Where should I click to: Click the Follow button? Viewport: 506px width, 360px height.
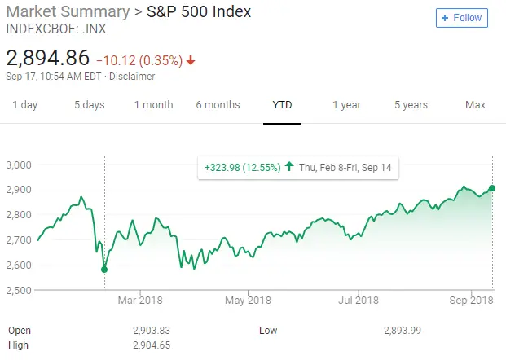pos(462,17)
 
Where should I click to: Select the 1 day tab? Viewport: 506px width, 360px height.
pos(25,104)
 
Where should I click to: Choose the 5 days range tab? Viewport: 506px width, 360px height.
pos(89,104)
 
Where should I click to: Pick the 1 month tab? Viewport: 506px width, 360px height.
pos(153,104)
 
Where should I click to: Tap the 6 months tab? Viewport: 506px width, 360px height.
pos(218,104)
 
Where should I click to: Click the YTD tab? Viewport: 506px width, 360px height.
pos(282,104)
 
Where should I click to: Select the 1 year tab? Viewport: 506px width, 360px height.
pos(346,104)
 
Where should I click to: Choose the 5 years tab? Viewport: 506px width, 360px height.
pos(411,104)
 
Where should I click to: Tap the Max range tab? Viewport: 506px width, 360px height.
pos(475,104)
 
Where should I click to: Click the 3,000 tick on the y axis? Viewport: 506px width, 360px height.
pos(18,165)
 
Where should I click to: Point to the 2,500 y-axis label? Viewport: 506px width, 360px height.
pos(18,290)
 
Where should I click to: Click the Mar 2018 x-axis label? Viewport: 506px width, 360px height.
pos(140,301)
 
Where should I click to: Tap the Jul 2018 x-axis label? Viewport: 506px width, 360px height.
pos(357,301)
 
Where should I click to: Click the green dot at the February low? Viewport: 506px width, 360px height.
pos(103,269)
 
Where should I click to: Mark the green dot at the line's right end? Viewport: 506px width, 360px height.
pos(492,188)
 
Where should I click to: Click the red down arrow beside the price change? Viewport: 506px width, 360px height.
pos(191,60)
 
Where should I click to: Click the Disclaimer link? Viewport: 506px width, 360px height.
pos(132,77)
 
